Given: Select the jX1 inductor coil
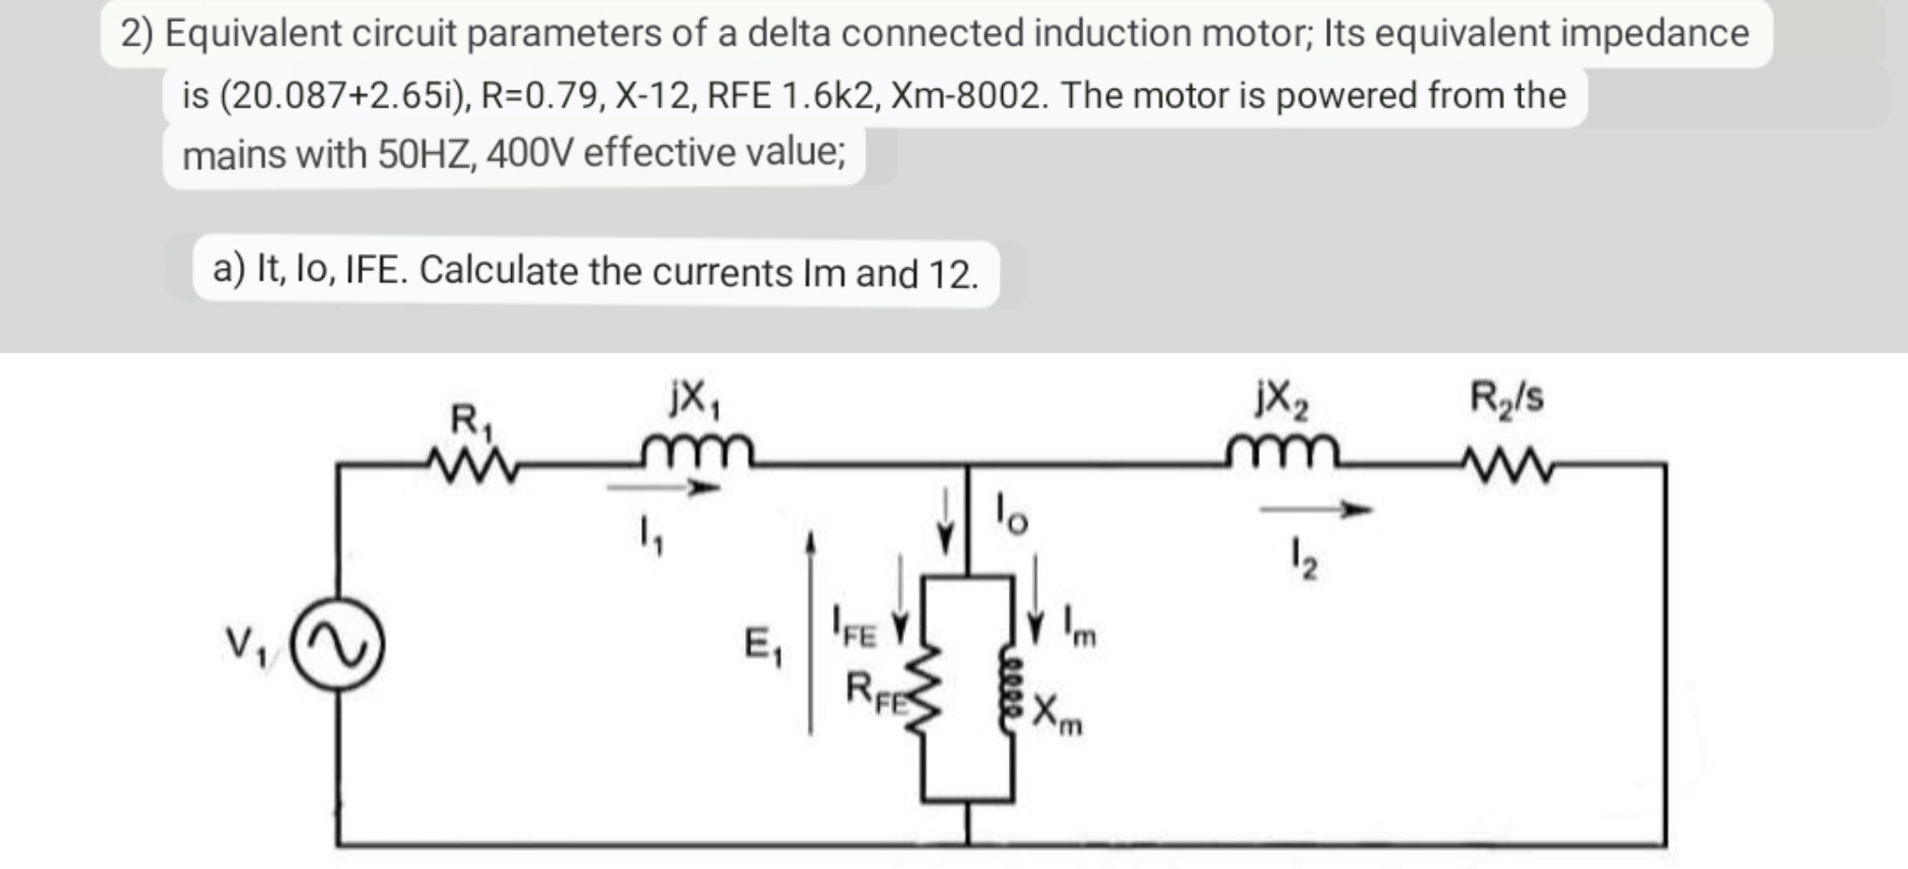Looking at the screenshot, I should coord(697,452).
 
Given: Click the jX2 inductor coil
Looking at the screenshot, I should coord(1283,452).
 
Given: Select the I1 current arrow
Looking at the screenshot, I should coord(663,488).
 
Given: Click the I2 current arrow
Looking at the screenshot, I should coord(1315,510).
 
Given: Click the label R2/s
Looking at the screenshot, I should coord(1506,398).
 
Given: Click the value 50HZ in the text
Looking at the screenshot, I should coord(422,153).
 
